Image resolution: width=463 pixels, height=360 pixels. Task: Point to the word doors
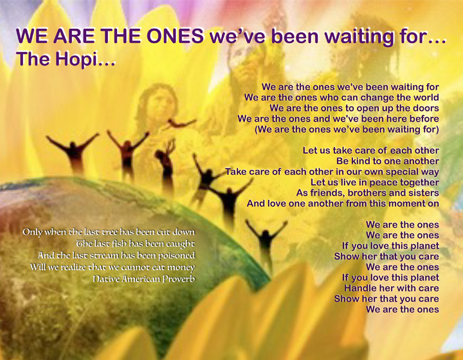tap(425, 108)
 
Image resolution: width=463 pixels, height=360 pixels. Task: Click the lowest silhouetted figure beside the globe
tap(265, 241)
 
